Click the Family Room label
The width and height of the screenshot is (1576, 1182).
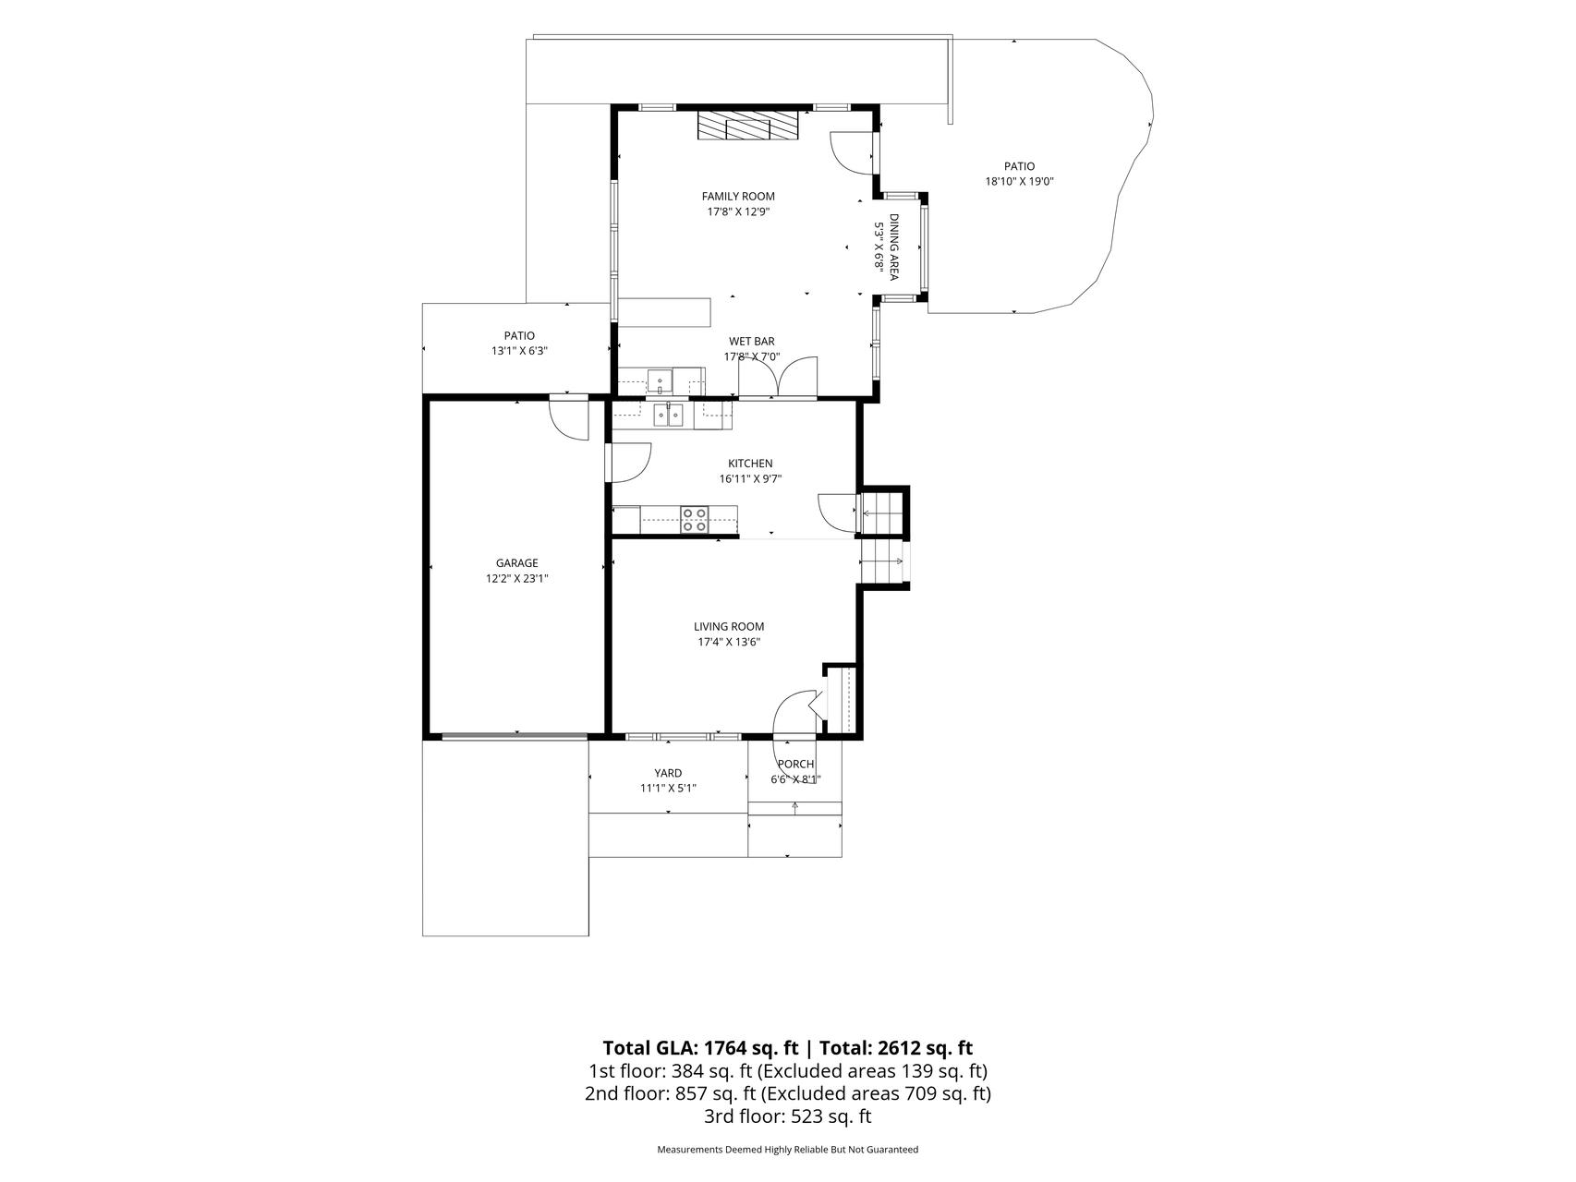click(x=738, y=196)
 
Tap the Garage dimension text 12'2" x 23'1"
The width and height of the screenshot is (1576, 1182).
click(x=517, y=579)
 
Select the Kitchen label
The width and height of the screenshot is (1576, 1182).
click(x=750, y=464)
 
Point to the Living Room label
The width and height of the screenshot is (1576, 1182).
click(x=729, y=627)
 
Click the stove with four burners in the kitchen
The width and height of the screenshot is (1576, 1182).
click(x=695, y=520)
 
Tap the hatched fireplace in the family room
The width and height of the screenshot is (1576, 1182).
click(x=747, y=126)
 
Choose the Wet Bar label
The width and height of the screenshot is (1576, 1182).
click(x=752, y=342)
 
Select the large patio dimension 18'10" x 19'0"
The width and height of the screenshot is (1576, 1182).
click(x=1020, y=182)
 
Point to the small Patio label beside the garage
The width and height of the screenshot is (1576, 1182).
click(x=519, y=336)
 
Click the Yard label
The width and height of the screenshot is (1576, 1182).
click(x=668, y=774)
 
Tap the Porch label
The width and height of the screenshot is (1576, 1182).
click(x=795, y=765)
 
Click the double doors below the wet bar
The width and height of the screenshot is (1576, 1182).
click(x=778, y=379)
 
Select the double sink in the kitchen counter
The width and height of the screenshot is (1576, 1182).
click(x=668, y=416)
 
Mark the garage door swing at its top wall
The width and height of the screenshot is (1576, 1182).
click(x=568, y=418)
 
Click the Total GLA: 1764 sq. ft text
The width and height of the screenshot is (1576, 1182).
click(x=700, y=1048)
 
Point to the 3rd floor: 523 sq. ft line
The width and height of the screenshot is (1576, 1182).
click(x=788, y=1116)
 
